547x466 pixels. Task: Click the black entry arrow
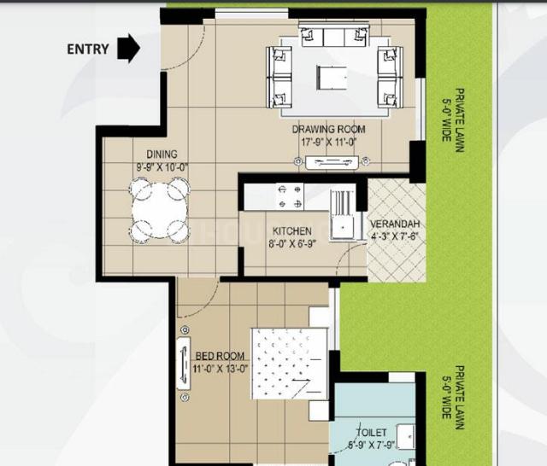129,48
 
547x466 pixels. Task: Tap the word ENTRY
88,50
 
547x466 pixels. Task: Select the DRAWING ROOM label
328,130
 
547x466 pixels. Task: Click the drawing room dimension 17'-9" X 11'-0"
328,142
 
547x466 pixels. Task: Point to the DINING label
162,154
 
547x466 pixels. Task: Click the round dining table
160,210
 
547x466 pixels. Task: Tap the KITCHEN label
292,231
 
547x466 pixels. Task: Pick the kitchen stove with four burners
290,197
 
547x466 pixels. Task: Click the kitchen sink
342,215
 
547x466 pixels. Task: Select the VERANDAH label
395,224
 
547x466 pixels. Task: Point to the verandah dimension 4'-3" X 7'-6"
395,236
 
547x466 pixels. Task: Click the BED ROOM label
220,356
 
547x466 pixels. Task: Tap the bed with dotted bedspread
290,364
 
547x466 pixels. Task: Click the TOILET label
371,433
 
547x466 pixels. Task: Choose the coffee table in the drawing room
332,78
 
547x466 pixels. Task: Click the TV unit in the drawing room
332,162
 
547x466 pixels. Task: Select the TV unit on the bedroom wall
184,363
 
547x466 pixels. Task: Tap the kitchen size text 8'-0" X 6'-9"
292,244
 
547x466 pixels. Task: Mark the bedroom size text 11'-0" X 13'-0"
221,369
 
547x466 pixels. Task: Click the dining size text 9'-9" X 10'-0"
162,167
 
